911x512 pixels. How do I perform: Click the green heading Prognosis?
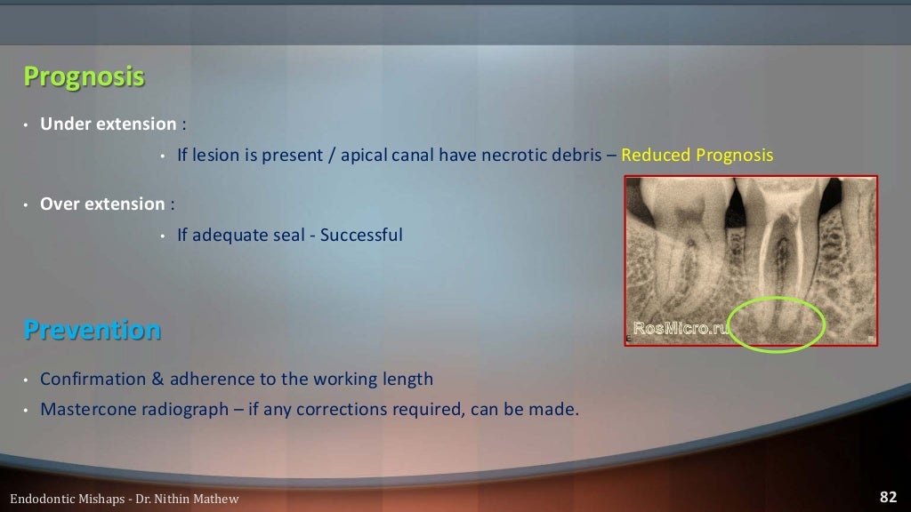point(84,77)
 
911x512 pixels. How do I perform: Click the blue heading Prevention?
point(93,331)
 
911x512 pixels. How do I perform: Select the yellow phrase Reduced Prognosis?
point(697,156)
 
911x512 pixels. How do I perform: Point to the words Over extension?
point(102,204)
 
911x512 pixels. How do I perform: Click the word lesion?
point(217,156)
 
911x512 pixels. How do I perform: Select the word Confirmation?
point(93,380)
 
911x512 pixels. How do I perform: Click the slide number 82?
point(887,497)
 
